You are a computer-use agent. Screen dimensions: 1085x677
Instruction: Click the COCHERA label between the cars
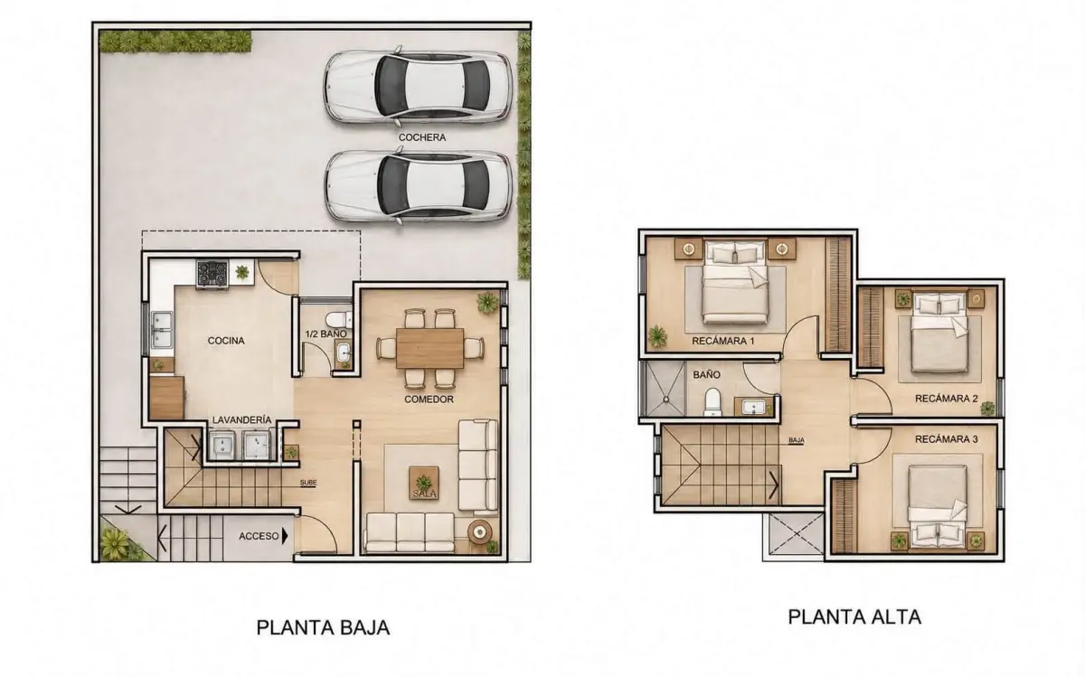click(x=422, y=137)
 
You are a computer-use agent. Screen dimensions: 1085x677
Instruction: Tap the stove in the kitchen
click(x=212, y=275)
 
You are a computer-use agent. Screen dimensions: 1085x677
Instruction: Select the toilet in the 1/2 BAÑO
click(x=338, y=319)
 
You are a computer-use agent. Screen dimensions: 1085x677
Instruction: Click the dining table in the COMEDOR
click(x=429, y=348)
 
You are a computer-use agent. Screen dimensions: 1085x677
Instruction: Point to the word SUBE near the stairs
click(x=308, y=483)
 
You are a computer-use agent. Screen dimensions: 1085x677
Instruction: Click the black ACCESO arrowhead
click(x=285, y=536)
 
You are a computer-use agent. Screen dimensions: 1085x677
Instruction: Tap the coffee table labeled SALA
click(x=424, y=483)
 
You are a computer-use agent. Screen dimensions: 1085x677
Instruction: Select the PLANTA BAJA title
click(x=323, y=627)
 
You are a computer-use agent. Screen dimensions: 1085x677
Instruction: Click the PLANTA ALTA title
click(x=854, y=617)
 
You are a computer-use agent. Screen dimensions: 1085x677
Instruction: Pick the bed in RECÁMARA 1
click(x=735, y=282)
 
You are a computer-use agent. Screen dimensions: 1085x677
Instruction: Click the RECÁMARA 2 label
click(x=946, y=399)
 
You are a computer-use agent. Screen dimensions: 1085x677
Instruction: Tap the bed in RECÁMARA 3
click(x=938, y=508)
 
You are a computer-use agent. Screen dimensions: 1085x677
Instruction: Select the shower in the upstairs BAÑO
click(x=665, y=389)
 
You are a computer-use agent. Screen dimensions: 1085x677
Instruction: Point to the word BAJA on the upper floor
click(x=797, y=441)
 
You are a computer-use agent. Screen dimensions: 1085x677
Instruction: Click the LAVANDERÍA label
click(x=241, y=420)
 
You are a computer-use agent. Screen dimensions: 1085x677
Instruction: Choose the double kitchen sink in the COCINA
click(x=162, y=330)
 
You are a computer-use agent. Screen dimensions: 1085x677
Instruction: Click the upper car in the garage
click(x=419, y=87)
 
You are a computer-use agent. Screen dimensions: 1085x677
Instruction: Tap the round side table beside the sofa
click(x=479, y=532)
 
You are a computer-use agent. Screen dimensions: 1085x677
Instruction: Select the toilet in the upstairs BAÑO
click(x=712, y=402)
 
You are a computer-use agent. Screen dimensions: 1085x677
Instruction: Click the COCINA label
click(x=226, y=341)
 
